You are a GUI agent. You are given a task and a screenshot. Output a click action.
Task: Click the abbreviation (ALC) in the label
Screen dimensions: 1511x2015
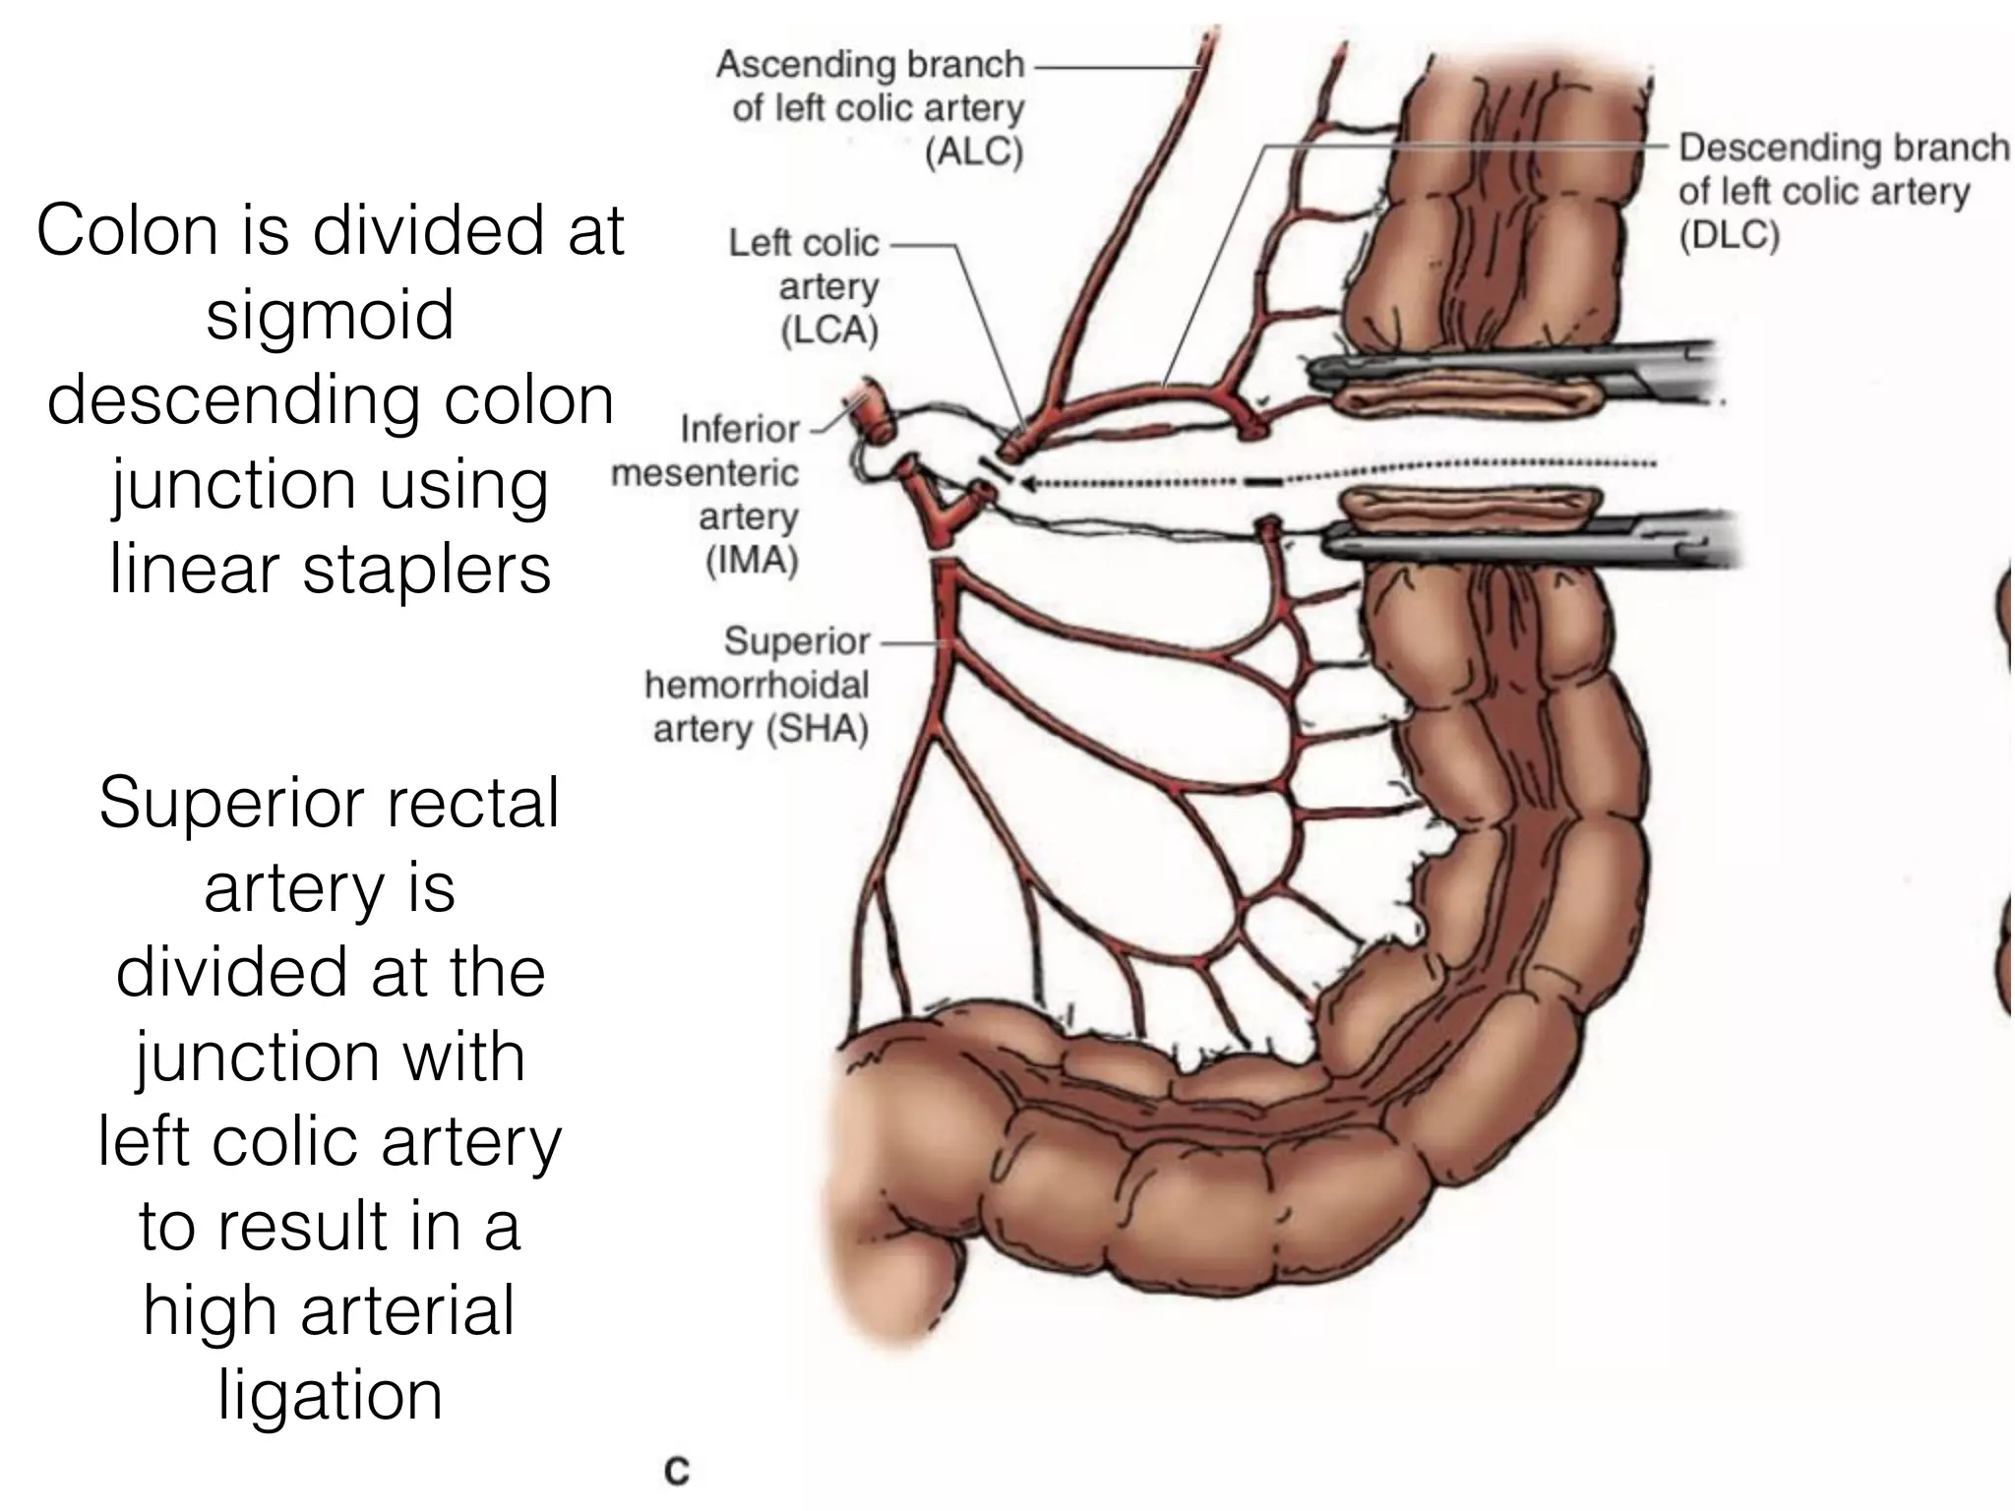[974, 152]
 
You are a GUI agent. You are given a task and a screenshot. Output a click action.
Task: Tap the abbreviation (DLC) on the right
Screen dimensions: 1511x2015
[1729, 236]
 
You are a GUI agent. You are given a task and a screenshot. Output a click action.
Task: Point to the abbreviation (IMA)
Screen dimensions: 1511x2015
[752, 560]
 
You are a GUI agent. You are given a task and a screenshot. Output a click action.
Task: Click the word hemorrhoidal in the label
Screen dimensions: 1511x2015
[757, 685]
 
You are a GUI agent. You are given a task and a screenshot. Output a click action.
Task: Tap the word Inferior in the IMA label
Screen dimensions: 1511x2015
[740, 429]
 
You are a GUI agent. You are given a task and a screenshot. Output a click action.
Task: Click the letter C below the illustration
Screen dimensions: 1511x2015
[677, 1472]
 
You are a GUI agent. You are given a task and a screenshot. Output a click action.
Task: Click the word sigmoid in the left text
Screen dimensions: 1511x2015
[330, 315]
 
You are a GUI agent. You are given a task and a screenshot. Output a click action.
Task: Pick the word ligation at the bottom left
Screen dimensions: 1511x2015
[330, 1394]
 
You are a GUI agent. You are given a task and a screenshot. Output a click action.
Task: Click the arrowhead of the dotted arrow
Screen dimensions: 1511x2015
[1029, 483]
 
